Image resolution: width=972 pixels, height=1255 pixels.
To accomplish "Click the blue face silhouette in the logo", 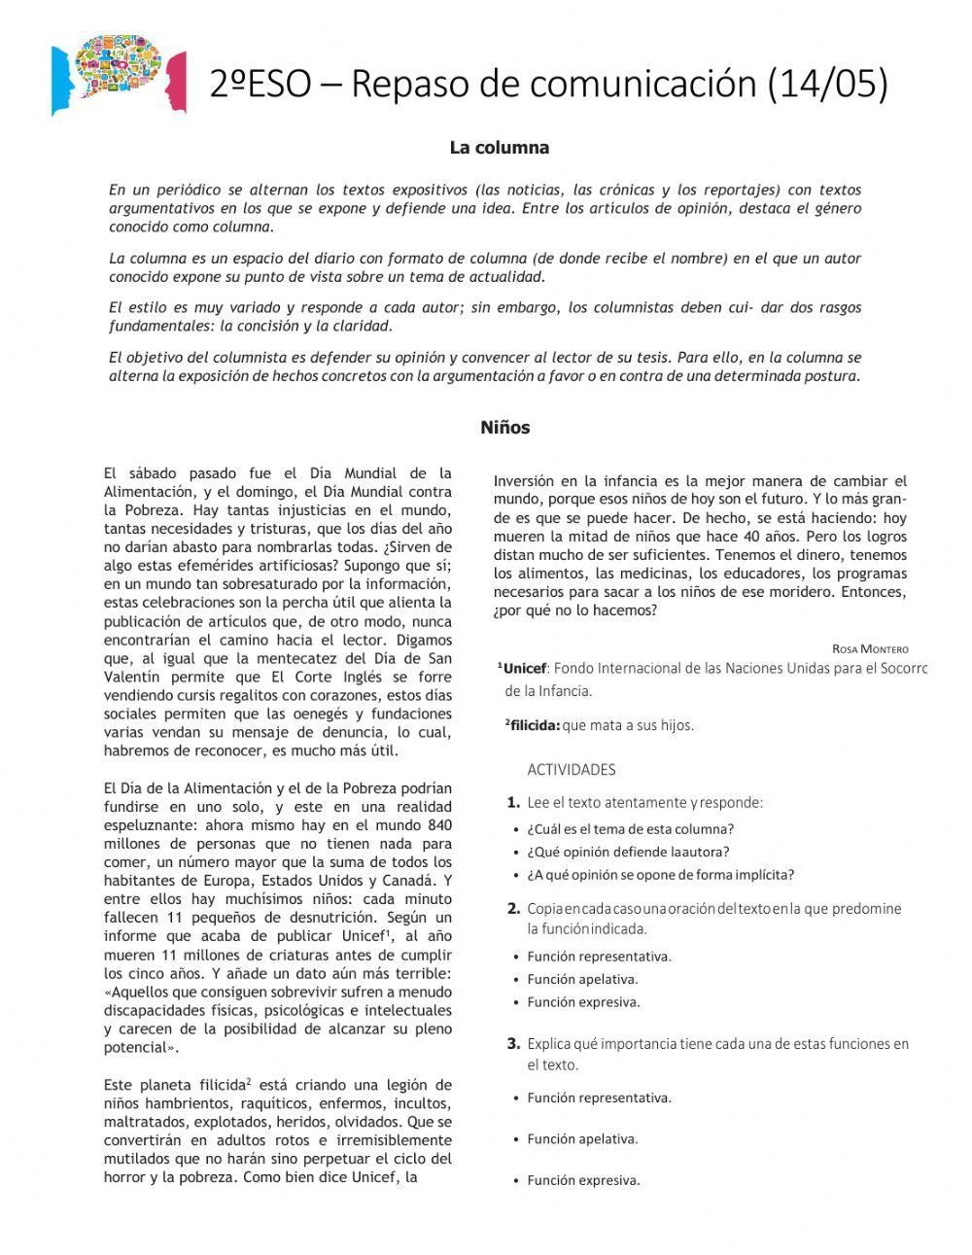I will [64, 78].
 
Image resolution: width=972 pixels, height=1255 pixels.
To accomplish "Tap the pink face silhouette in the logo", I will [176, 82].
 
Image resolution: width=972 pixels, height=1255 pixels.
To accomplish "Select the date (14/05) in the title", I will [827, 85].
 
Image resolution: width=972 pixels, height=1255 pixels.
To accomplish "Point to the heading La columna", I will [499, 148].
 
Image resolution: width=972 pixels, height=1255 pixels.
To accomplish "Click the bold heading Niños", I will [504, 428].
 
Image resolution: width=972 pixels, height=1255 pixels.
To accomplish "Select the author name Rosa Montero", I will [870, 648].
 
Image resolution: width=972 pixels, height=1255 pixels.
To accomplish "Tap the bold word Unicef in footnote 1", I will [526, 668].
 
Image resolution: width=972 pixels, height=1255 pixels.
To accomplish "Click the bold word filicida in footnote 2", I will [534, 725].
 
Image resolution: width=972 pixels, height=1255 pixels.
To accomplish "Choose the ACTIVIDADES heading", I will [572, 770].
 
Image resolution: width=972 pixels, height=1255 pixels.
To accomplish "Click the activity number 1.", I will [513, 803].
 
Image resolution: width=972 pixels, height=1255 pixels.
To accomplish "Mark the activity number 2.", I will [513, 909].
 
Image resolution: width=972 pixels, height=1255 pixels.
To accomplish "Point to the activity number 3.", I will [513, 1044].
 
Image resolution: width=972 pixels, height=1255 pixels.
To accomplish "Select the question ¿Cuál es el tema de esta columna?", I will [630, 829].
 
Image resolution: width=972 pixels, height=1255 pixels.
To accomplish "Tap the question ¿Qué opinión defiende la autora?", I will [628, 852].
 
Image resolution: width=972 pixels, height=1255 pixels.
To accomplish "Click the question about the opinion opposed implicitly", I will [660, 875].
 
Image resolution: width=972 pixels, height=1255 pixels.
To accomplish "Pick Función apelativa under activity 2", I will [582, 979].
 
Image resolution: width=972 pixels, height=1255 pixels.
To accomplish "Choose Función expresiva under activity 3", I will [583, 1180].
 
